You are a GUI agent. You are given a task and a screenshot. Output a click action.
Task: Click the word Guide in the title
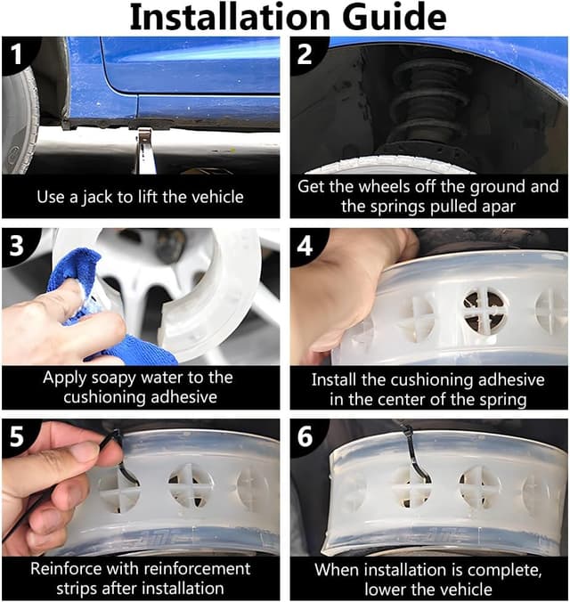pyautogui.click(x=394, y=17)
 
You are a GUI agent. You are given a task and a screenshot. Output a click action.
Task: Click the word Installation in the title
pyautogui.click(x=230, y=17)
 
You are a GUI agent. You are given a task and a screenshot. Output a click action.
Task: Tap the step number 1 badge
pyautogui.click(x=16, y=54)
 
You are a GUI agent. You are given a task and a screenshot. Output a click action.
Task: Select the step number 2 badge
pyautogui.click(x=305, y=54)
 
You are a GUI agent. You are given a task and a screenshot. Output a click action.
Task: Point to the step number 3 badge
pyautogui.click(x=17, y=246)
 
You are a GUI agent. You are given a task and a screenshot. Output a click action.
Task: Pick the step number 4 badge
pyautogui.click(x=305, y=246)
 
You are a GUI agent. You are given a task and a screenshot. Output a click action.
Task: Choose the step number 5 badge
pyautogui.click(x=17, y=436)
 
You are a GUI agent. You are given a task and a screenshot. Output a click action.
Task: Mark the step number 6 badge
pyautogui.click(x=305, y=436)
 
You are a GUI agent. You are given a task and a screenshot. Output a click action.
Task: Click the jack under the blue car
pyautogui.click(x=146, y=150)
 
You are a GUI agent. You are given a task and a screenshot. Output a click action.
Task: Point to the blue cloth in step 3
pyautogui.click(x=96, y=307)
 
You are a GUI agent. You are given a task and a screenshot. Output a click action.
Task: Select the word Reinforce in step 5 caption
pyautogui.click(x=61, y=568)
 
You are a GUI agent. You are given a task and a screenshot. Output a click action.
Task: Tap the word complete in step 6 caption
pyautogui.click(x=504, y=571)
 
